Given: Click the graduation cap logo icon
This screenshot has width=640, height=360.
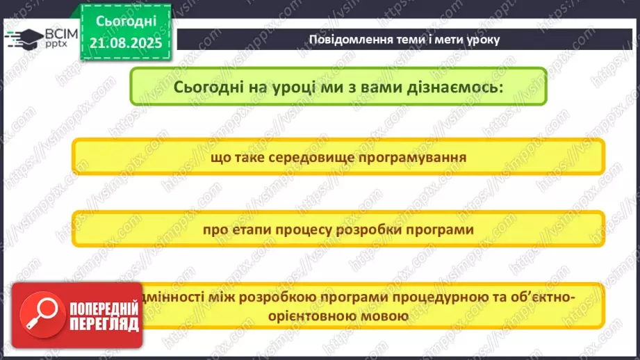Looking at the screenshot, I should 23,38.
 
